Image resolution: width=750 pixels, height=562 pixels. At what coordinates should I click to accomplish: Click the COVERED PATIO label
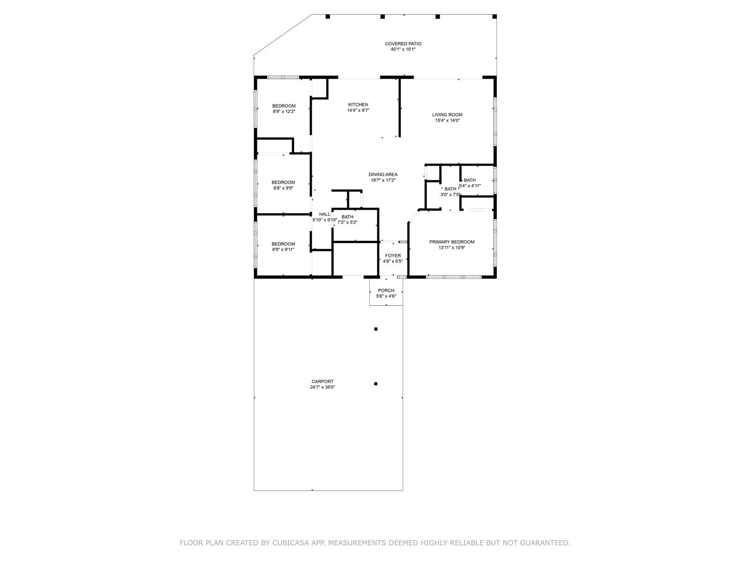(x=403, y=44)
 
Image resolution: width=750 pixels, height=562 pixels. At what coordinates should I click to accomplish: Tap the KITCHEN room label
(x=358, y=105)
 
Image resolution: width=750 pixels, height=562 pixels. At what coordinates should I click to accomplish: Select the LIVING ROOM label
(x=447, y=115)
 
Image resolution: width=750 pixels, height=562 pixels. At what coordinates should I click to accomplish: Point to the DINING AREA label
(x=382, y=174)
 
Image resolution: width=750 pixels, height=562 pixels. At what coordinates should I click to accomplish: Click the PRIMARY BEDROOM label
(x=452, y=242)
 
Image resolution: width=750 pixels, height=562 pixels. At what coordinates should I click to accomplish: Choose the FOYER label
(x=393, y=256)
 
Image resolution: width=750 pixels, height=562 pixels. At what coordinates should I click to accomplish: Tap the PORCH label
(x=386, y=290)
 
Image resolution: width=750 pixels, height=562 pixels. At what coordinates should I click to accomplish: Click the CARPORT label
(x=322, y=382)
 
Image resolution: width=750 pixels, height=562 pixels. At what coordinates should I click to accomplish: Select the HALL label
(x=324, y=214)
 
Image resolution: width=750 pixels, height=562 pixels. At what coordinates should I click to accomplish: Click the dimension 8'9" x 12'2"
(x=284, y=111)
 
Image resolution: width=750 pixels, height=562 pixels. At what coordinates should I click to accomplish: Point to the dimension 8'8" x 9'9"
(x=283, y=188)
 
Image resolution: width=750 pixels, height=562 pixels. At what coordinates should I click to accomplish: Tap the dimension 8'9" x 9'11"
(x=283, y=250)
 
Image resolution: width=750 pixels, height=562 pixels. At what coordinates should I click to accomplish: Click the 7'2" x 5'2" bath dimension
(x=347, y=222)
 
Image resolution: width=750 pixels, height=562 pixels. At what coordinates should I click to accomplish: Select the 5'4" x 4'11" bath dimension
(x=470, y=186)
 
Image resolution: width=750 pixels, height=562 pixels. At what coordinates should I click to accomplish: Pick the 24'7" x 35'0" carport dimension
(x=322, y=387)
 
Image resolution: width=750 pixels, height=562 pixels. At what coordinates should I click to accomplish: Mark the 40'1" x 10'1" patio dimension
(x=403, y=50)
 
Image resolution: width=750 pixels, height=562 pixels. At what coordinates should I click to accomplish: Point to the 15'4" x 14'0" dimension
(x=447, y=120)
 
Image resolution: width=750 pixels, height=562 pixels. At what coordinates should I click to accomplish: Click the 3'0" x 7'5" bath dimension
(x=450, y=195)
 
